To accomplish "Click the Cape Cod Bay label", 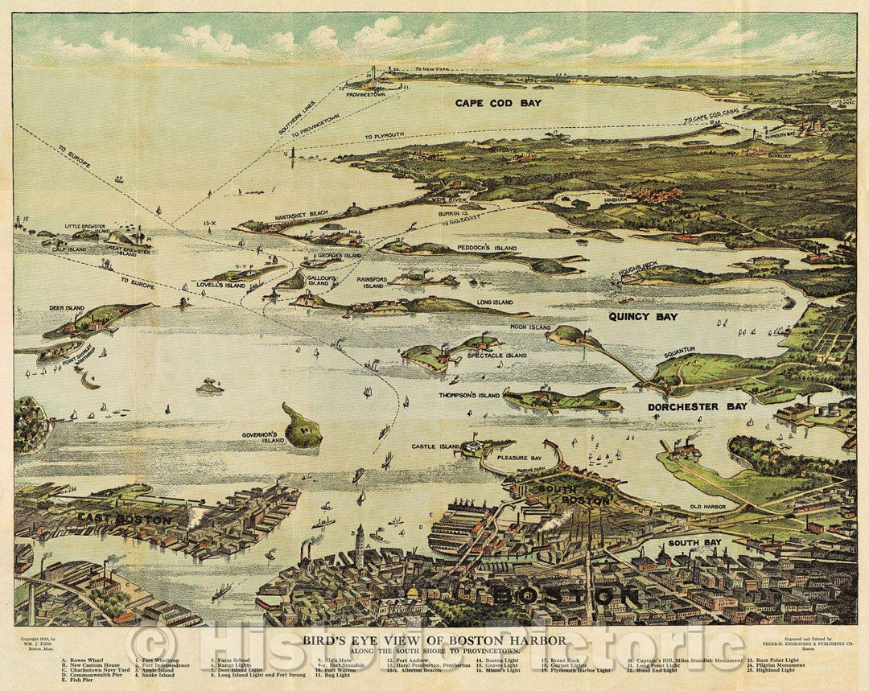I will (x=498, y=103).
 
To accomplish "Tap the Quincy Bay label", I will (x=642, y=316).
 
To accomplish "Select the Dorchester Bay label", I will (x=698, y=406).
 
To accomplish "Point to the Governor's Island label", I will (x=265, y=438).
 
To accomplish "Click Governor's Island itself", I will (x=303, y=428).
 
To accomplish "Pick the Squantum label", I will (x=679, y=350).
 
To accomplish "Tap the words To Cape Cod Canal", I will (x=711, y=117).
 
